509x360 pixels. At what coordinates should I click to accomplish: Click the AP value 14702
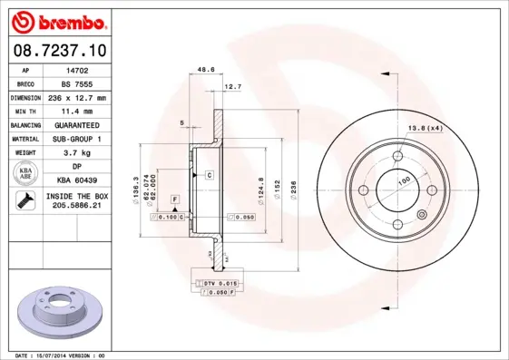(x=77, y=69)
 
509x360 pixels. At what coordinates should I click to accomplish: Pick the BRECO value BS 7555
(x=77, y=83)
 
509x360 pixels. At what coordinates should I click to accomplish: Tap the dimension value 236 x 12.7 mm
(x=77, y=97)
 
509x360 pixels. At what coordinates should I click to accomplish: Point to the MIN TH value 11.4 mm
(x=77, y=111)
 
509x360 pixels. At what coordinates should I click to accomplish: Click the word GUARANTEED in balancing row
(x=77, y=125)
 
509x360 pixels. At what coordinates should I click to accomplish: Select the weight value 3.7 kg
(x=77, y=153)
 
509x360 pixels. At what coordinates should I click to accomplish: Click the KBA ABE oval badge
(x=26, y=174)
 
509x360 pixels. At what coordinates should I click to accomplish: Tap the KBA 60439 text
(x=77, y=181)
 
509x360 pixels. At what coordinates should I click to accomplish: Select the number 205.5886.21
(x=77, y=208)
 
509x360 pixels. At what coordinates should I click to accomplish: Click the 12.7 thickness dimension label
(x=232, y=87)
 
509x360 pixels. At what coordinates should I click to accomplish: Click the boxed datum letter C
(x=209, y=174)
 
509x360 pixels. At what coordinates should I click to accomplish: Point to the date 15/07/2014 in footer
(x=59, y=355)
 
